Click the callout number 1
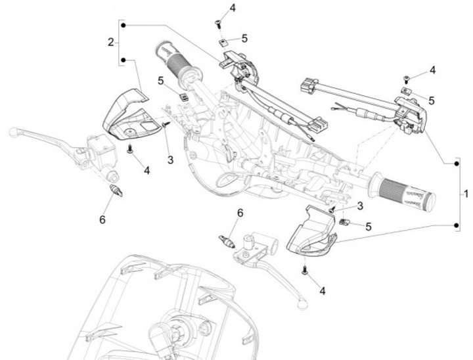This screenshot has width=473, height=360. tap(466, 194)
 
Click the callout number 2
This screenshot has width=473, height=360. tap(111, 42)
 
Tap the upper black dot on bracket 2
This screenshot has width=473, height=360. tap(123, 26)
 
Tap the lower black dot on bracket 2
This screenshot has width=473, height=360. tap(123, 60)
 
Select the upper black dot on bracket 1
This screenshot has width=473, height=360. tap(457, 164)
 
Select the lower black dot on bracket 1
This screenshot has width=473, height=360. tap(457, 225)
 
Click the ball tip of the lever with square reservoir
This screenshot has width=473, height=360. tap(13, 133)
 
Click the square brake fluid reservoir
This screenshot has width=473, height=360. tap(101, 151)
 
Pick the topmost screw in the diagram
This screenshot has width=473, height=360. tap(218, 24)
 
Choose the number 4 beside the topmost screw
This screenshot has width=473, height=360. tap(233, 8)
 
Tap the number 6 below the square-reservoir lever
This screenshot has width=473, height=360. tap(102, 219)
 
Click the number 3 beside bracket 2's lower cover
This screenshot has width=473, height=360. tap(170, 160)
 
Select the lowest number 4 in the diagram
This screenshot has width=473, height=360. tap(323, 291)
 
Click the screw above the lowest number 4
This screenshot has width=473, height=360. tap(305, 270)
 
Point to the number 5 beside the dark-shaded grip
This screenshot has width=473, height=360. tap(160, 81)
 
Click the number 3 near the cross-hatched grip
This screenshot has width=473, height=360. tap(360, 206)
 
